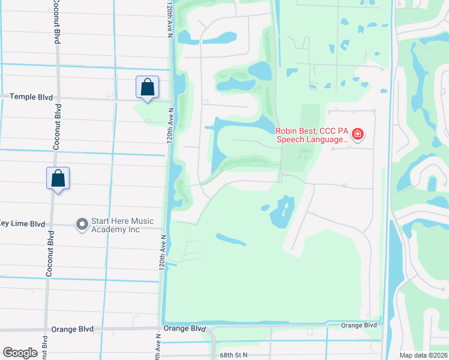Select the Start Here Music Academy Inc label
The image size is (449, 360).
(122, 226)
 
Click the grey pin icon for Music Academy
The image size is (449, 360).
(82, 224)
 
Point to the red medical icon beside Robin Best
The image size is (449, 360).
(357, 134)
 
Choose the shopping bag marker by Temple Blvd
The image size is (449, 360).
(147, 88)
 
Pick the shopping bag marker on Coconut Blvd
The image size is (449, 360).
(58, 179)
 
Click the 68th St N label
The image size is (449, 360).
(234, 355)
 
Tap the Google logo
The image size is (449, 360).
(20, 353)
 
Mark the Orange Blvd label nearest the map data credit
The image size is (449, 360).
(358, 325)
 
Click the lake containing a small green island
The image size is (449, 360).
(280, 213)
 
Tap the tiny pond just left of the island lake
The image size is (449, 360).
(265, 208)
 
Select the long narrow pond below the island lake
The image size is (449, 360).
(231, 240)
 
